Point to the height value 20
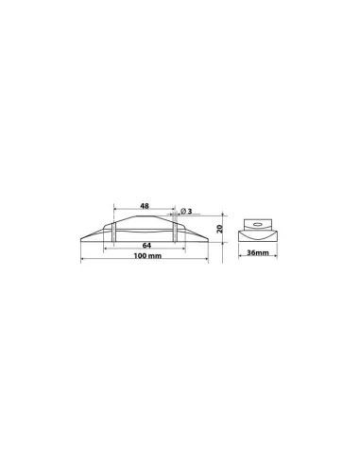pyautogui.click(x=220, y=230)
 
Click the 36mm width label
pyautogui.click(x=254, y=253)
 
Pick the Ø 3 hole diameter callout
pyautogui.click(x=186, y=212)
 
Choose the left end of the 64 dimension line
pyautogui.click(x=113, y=250)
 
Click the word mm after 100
pyautogui.click(x=153, y=258)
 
